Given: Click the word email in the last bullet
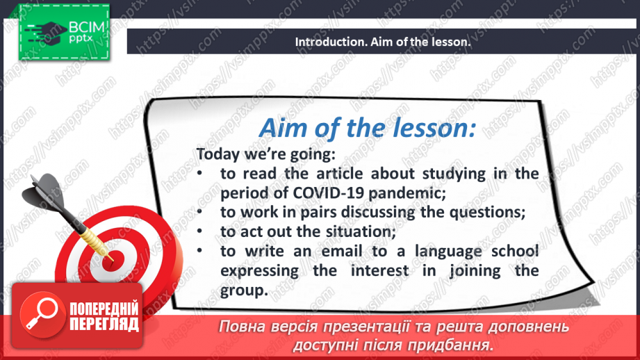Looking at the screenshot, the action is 342,251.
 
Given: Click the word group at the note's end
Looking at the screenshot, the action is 244,291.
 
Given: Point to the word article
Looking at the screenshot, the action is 340,174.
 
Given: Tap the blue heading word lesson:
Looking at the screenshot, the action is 434,128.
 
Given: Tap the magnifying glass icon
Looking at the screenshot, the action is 42,314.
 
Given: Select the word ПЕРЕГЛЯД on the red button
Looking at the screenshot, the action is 104,325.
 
